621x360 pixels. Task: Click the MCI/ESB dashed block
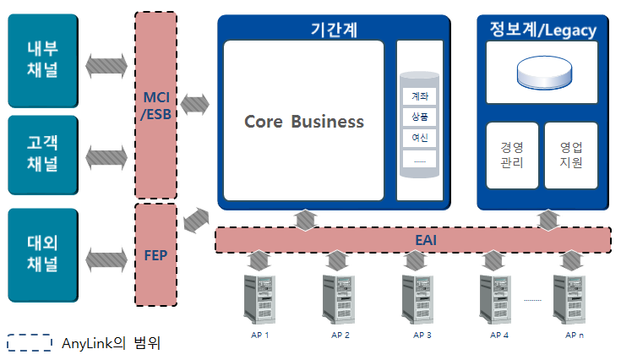point(156,106)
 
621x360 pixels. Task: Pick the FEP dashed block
point(156,254)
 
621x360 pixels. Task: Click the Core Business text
point(304,122)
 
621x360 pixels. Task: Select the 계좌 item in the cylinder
point(419,95)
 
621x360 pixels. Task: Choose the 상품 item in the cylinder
point(419,117)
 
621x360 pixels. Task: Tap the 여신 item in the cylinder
point(419,138)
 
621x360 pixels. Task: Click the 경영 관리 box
point(512,155)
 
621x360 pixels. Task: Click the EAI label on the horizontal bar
point(425,240)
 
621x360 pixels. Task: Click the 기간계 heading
point(334,30)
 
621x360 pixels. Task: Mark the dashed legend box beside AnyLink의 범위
point(30,343)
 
